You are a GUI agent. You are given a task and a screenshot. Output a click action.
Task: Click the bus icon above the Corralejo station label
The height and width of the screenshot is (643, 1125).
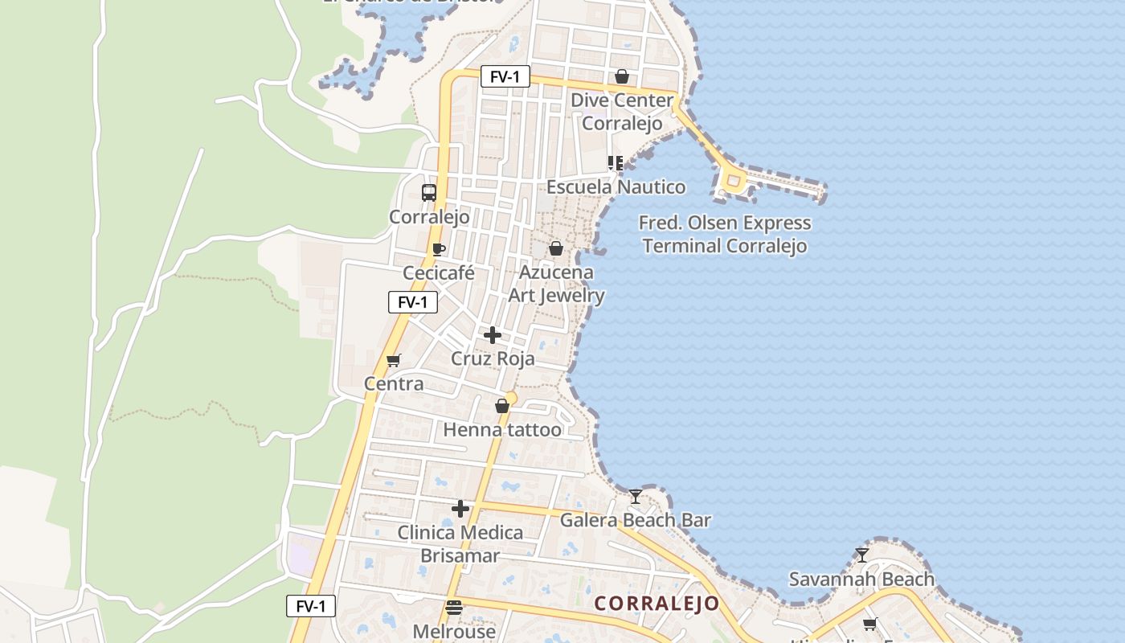click(x=429, y=193)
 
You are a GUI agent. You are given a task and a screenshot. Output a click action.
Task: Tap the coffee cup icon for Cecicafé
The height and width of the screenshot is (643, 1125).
click(x=438, y=249)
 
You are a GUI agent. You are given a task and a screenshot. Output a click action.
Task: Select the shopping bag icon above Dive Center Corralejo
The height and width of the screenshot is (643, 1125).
click(x=621, y=76)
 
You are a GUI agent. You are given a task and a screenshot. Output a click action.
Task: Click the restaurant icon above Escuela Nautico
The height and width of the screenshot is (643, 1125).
click(x=616, y=163)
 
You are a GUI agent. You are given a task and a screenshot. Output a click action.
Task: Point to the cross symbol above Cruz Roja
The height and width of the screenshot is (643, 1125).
click(x=493, y=335)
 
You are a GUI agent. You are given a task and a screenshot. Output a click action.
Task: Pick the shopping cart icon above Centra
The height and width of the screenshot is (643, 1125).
click(x=393, y=360)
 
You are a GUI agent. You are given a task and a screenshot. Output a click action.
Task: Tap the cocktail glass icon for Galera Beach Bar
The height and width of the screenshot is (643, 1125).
click(x=636, y=497)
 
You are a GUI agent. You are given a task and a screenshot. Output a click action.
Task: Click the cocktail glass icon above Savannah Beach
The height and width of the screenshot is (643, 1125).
click(x=861, y=555)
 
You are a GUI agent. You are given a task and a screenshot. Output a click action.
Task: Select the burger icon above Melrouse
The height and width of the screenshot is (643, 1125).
click(x=454, y=608)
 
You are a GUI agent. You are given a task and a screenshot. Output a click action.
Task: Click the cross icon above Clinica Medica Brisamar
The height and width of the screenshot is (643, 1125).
click(x=460, y=509)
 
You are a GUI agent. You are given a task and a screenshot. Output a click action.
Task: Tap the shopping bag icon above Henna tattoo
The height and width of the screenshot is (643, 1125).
click(x=502, y=407)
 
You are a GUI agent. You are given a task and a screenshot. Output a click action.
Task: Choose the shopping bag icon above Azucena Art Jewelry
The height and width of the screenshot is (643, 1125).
click(x=555, y=249)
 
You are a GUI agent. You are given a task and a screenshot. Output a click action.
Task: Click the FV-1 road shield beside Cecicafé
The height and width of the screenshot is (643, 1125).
click(x=413, y=302)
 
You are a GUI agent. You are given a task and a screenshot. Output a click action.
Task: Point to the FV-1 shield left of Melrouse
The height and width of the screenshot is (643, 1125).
click(x=311, y=606)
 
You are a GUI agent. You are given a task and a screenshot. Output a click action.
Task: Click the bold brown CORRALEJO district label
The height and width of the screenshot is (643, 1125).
click(x=657, y=604)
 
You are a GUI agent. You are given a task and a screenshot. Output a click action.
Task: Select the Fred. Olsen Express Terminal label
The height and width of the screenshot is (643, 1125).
click(x=725, y=234)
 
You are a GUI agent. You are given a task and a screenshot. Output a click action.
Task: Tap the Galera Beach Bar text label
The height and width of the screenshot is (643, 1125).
click(x=635, y=520)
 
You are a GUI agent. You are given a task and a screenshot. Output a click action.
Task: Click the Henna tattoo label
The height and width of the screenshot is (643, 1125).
click(x=502, y=430)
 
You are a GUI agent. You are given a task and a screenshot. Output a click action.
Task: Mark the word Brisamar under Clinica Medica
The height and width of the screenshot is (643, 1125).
click(x=460, y=555)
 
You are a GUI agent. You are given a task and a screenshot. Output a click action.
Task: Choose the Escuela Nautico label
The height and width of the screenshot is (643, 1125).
click(x=616, y=187)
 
